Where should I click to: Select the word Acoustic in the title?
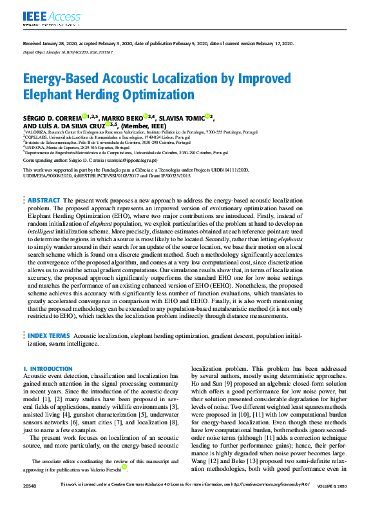click(x=106, y=79)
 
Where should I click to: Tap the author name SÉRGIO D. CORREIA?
click(x=53, y=117)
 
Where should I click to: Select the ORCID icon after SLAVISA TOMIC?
click(x=207, y=117)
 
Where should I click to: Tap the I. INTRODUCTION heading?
click(x=48, y=369)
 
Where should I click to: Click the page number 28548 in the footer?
click(x=30, y=501)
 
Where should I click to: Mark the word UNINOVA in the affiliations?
click(x=35, y=147)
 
